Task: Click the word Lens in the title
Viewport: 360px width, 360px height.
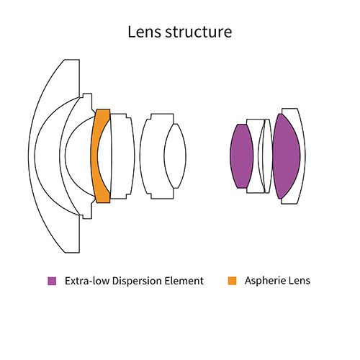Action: pyautogui.click(x=144, y=32)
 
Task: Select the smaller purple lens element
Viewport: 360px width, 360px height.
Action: pyautogui.click(x=242, y=156)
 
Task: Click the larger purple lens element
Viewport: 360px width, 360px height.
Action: pyautogui.click(x=287, y=156)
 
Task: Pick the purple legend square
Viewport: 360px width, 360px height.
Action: pyautogui.click(x=52, y=281)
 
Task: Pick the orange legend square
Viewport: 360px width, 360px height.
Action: pyautogui.click(x=232, y=281)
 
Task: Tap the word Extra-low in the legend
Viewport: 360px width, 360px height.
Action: pyautogui.click(x=87, y=281)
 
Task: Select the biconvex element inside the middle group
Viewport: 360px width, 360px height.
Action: pyautogui.click(x=175, y=156)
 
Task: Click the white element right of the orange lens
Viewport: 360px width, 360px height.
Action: pyautogui.click(x=123, y=156)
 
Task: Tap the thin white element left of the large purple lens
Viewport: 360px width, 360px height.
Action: pyautogui.click(x=268, y=156)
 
